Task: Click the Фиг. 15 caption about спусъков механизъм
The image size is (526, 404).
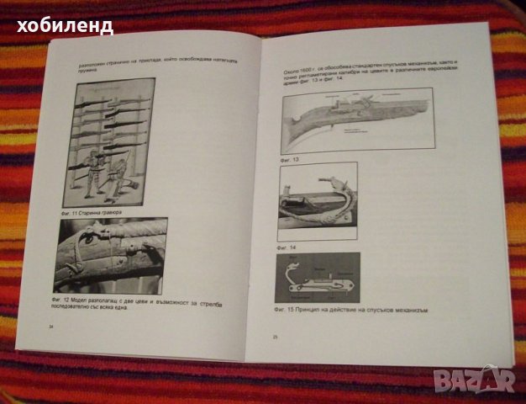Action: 352,310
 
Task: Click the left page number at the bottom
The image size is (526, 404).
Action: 51,327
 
